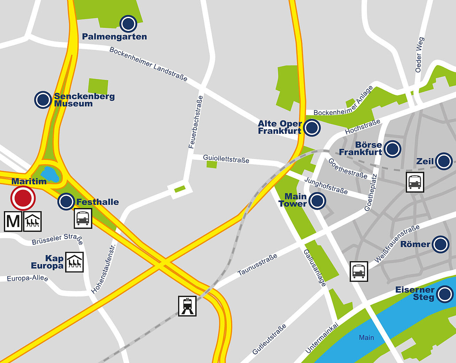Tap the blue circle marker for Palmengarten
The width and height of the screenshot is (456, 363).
[x=128, y=24]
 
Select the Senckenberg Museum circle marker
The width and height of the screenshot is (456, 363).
[x=43, y=100]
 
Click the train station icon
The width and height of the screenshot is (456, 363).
[x=187, y=306]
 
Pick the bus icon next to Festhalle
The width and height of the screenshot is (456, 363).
[x=83, y=218]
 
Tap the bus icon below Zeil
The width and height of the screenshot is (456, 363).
[x=415, y=182]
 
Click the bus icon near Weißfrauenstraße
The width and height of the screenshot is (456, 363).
[x=359, y=271]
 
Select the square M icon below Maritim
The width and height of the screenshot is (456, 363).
[x=13, y=221]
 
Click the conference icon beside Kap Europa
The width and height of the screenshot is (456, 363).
[x=74, y=262]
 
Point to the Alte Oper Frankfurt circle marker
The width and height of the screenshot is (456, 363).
[x=312, y=128]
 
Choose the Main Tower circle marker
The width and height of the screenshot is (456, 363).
[x=317, y=201]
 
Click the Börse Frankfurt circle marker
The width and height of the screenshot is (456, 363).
[x=392, y=149]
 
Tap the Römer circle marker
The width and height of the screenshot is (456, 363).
[x=440, y=244]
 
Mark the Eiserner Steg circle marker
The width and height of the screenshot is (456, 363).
[x=445, y=294]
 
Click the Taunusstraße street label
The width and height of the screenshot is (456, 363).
[x=258, y=264]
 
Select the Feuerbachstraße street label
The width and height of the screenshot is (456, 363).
[x=196, y=122]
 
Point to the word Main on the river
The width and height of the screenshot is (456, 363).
[x=366, y=338]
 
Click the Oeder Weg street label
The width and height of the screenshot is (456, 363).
[x=420, y=55]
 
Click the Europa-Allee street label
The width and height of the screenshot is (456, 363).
[x=27, y=278]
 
